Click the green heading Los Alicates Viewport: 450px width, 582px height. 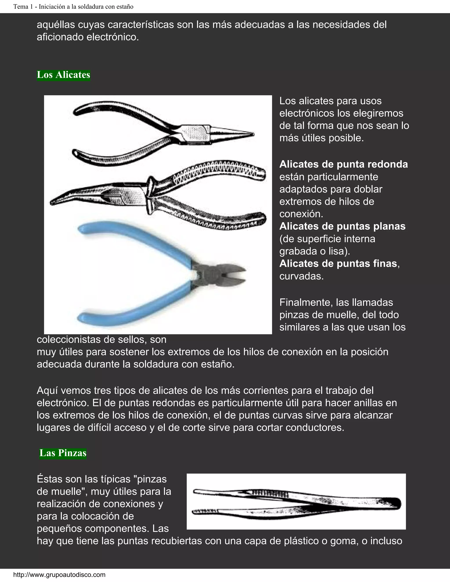tap(64, 75)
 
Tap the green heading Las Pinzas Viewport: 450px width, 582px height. tap(63, 453)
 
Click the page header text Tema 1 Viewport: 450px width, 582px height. tap(73, 7)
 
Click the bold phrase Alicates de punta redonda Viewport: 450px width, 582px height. tap(343, 164)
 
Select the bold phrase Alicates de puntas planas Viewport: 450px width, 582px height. tap(342, 226)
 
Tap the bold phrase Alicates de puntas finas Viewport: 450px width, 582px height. tap(338, 264)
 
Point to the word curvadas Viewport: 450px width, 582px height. tap(301, 276)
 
